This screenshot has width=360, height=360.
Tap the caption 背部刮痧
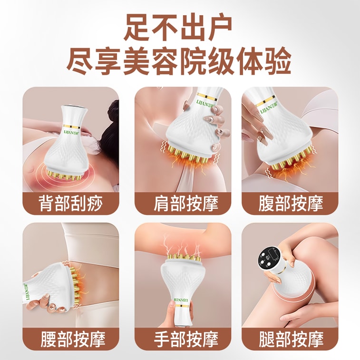(x=70, y=203)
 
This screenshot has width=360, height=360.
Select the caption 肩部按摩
(x=180, y=203)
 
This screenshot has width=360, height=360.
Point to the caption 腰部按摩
(x=70, y=339)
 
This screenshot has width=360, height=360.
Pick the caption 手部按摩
(x=180, y=339)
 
